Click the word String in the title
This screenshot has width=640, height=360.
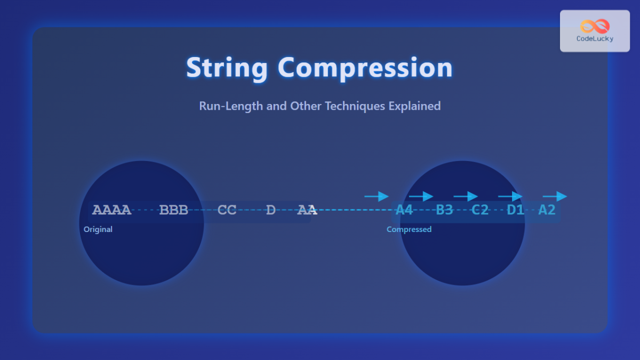[x=227, y=68]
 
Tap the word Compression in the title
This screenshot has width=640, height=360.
[x=365, y=68]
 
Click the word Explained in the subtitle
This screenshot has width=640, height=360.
[x=414, y=106]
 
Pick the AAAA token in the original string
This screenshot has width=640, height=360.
[x=111, y=210]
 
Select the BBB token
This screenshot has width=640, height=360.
[x=174, y=210]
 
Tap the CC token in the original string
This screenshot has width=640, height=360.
[x=227, y=210]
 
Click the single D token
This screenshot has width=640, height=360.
[x=271, y=210]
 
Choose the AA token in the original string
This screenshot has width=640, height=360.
[x=307, y=210]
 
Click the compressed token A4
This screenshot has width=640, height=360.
[x=404, y=210]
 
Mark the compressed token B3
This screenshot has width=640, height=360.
[x=444, y=210]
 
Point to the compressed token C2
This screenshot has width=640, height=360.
[x=480, y=210]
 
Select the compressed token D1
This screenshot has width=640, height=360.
[x=515, y=210]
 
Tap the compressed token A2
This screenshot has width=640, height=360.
[x=547, y=210]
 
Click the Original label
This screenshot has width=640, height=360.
[x=98, y=229]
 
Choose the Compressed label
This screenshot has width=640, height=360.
[x=409, y=229]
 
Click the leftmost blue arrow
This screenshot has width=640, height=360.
[x=377, y=196]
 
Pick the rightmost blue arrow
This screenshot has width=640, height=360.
[x=555, y=196]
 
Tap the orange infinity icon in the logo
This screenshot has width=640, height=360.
[x=595, y=26]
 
